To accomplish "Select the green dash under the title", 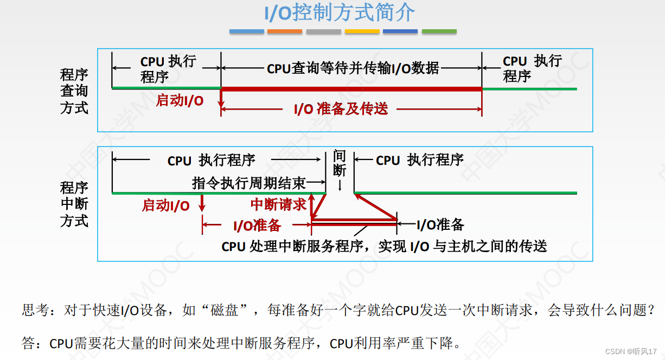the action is pyautogui.click(x=439, y=31).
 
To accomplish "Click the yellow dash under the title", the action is pyautogui.click(x=362, y=31).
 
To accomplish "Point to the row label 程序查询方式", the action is pyautogui.click(x=74, y=91).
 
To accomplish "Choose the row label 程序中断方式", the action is pyautogui.click(x=74, y=204).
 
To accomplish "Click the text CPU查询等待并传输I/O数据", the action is pyautogui.click(x=353, y=69).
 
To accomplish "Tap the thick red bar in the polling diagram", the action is pyautogui.click(x=351, y=89).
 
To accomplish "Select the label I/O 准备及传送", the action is pyautogui.click(x=341, y=109).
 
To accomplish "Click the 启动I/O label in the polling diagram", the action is pyautogui.click(x=180, y=100).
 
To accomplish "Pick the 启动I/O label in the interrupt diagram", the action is pyautogui.click(x=165, y=205).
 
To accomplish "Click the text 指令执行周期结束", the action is pyautogui.click(x=249, y=183).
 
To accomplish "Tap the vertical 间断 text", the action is pyautogui.click(x=340, y=163).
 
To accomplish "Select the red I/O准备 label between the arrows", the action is pyautogui.click(x=257, y=226).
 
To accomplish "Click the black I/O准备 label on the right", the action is pyautogui.click(x=440, y=224).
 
